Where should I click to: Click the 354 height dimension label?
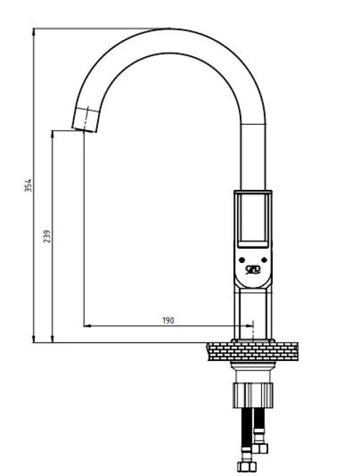point(28,186)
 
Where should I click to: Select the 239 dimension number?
point(47,236)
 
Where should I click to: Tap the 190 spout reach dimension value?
point(168,320)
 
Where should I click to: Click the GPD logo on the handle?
point(252,269)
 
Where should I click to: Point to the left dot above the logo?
point(241,260)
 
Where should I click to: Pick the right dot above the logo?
point(264,260)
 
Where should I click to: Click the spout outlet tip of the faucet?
point(85,130)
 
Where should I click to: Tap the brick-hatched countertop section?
point(252,352)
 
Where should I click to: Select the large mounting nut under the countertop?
point(253,395)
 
